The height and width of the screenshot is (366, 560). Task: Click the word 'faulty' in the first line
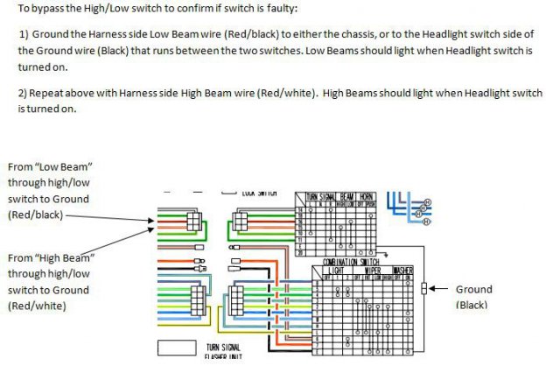(x=278, y=9)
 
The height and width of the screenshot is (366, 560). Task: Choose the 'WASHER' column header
(x=402, y=271)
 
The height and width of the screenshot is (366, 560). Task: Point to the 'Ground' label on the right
(x=473, y=289)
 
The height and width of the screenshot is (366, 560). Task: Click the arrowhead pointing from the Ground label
(x=435, y=289)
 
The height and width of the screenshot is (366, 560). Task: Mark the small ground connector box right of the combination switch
(x=423, y=290)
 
